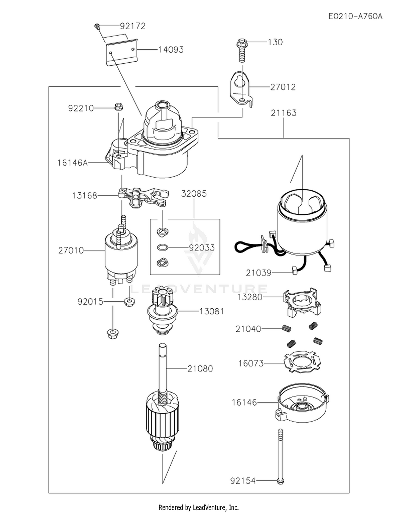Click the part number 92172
[x=133, y=26]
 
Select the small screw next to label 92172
[x=97, y=26]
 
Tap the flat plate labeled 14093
[x=122, y=51]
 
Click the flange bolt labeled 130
[x=242, y=50]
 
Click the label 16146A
[x=72, y=163]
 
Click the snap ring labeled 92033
[x=162, y=248]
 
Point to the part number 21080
[x=200, y=369]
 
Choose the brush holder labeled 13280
[x=302, y=302]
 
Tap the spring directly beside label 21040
[x=286, y=329]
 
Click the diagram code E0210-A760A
[x=356, y=16]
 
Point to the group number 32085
[x=194, y=194]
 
